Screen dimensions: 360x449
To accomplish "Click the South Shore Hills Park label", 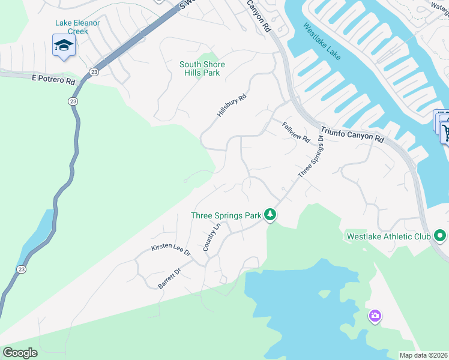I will [x=202, y=68].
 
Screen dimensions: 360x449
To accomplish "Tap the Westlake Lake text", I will [x=322, y=41].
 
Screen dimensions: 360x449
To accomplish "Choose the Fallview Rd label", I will [x=296, y=131].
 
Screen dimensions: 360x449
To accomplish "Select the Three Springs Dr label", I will [x=311, y=156].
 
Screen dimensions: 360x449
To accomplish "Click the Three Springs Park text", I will [x=226, y=215].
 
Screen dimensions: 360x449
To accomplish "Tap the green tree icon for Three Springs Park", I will [x=271, y=214].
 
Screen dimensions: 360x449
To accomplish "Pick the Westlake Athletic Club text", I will [x=389, y=236].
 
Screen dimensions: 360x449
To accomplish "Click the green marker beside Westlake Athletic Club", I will [x=440, y=236].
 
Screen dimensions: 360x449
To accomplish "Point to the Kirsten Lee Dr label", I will [x=170, y=250].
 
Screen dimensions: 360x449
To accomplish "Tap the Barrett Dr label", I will [x=169, y=279].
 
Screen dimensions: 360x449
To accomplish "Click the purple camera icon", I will [x=375, y=315].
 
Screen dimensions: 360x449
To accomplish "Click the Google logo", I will [x=20, y=353].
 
